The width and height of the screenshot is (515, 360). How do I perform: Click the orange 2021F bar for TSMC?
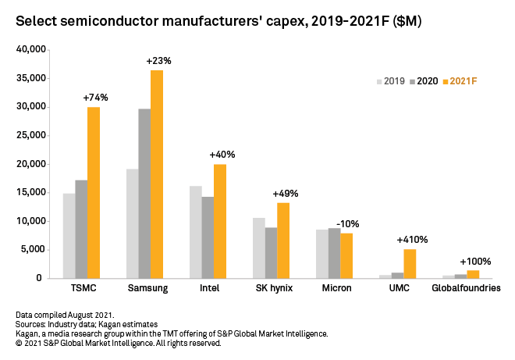point(94,193)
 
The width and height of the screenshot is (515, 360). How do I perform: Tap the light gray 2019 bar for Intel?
point(195,232)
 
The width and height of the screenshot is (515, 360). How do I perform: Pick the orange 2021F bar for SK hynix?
point(283,241)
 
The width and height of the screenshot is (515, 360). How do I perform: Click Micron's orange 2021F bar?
point(346,255)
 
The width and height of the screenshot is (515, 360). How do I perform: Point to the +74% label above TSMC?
point(95,98)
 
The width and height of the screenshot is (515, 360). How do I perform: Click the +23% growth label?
point(158,60)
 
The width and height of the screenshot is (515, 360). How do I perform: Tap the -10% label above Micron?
point(346,223)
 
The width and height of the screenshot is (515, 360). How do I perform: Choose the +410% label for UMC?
point(412,240)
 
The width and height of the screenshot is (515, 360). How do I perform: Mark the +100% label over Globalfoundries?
point(474,261)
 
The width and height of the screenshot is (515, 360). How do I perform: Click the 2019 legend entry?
point(390,81)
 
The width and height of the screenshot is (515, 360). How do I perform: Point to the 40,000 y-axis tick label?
point(31,50)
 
